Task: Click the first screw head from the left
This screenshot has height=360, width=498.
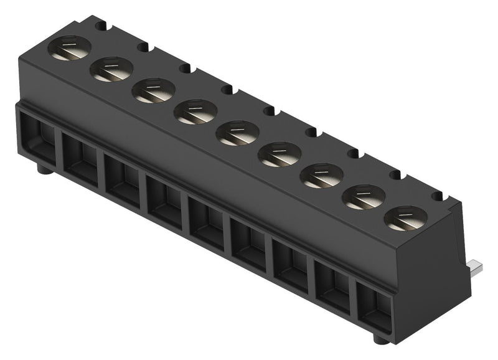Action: pyautogui.click(x=69, y=49)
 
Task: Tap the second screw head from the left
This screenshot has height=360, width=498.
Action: pyautogui.click(x=111, y=70)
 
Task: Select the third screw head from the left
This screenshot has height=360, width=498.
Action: pyautogui.click(x=153, y=91)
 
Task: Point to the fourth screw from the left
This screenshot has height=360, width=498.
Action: pyautogui.click(x=195, y=112)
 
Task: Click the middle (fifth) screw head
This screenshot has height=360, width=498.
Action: pyautogui.click(x=237, y=133)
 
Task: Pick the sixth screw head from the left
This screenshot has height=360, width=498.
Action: pyautogui.click(x=280, y=154)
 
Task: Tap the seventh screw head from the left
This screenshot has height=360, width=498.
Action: pyautogui.click(x=322, y=176)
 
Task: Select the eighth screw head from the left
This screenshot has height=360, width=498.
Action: pyautogui.click(x=364, y=197)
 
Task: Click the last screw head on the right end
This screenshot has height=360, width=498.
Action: pyautogui.click(x=405, y=218)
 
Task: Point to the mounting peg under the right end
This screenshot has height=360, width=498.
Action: pyautogui.click(x=380, y=339)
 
